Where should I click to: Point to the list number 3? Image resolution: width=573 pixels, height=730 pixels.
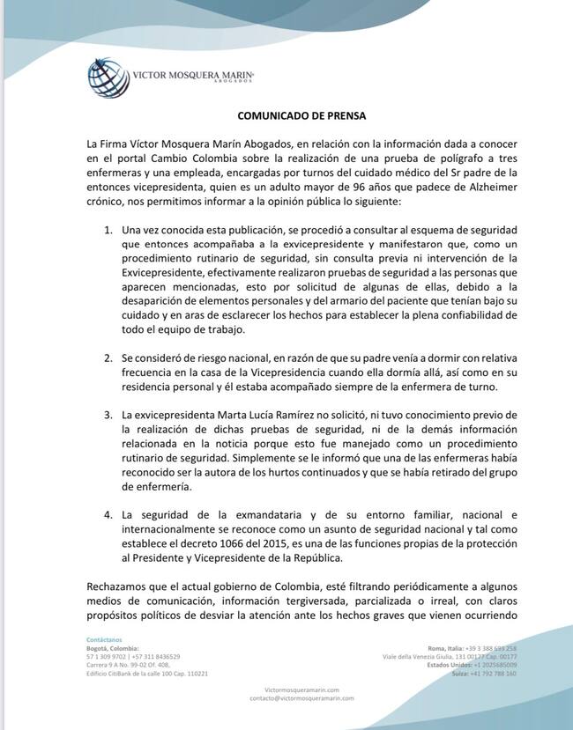coord(108,414)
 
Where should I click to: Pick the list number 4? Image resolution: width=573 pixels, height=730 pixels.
coord(108,513)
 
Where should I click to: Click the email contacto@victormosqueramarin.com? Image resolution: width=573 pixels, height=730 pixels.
coord(301,697)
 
